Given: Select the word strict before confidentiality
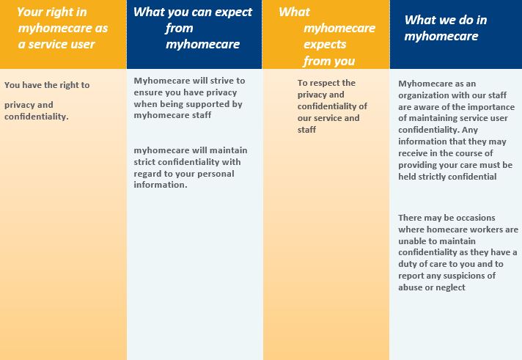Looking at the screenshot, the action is click(144, 162).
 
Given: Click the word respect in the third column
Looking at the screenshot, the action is click(324, 83).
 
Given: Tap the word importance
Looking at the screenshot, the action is click(494, 107).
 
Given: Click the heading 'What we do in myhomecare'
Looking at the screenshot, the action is click(446, 28).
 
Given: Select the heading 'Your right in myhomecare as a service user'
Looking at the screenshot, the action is click(62, 28).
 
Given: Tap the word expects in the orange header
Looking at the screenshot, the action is click(325, 44).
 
